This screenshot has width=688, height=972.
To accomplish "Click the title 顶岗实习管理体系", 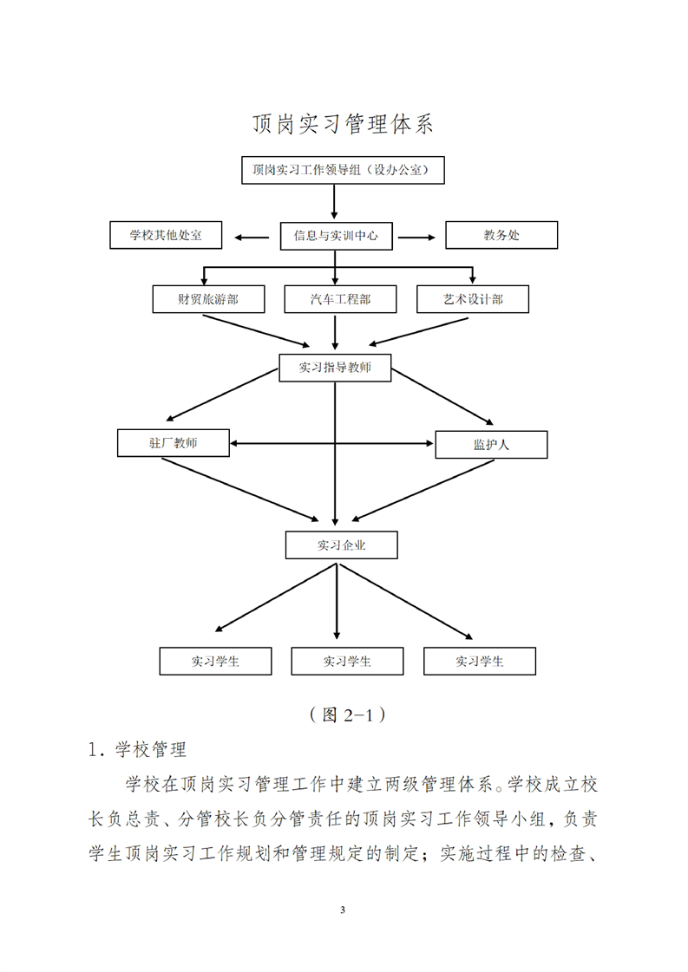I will (343, 124).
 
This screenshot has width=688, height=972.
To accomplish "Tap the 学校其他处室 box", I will (166, 236).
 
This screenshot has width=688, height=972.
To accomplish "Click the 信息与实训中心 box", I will (336, 236).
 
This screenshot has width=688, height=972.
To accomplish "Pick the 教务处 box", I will (501, 236).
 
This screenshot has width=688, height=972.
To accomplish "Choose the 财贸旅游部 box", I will (207, 299).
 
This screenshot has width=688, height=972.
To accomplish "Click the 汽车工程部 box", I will (340, 299).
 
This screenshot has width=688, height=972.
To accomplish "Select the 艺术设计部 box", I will (473, 299).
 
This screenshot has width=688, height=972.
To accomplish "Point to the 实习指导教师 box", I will (335, 368).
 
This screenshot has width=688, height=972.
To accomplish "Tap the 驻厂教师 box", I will (173, 443).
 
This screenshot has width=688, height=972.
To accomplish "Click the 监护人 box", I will (491, 445).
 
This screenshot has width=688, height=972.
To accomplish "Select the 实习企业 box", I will (341, 545).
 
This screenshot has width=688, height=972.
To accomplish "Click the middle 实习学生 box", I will (347, 662).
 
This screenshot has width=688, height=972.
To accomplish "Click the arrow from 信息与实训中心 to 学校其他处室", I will (252, 236).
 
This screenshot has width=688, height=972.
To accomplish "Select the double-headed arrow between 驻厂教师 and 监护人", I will (332, 444).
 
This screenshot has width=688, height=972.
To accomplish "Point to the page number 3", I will (344, 910).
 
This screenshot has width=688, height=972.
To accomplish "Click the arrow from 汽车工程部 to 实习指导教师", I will (336, 332).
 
